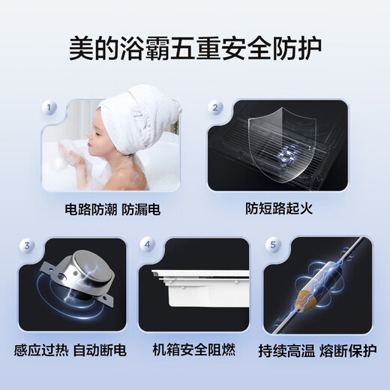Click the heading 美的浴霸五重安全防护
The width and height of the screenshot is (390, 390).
click(x=194, y=49)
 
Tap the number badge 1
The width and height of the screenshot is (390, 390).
click(x=51, y=109)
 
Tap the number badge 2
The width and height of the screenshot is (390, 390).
click(x=215, y=109)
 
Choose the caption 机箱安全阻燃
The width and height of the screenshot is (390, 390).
click(x=194, y=349)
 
